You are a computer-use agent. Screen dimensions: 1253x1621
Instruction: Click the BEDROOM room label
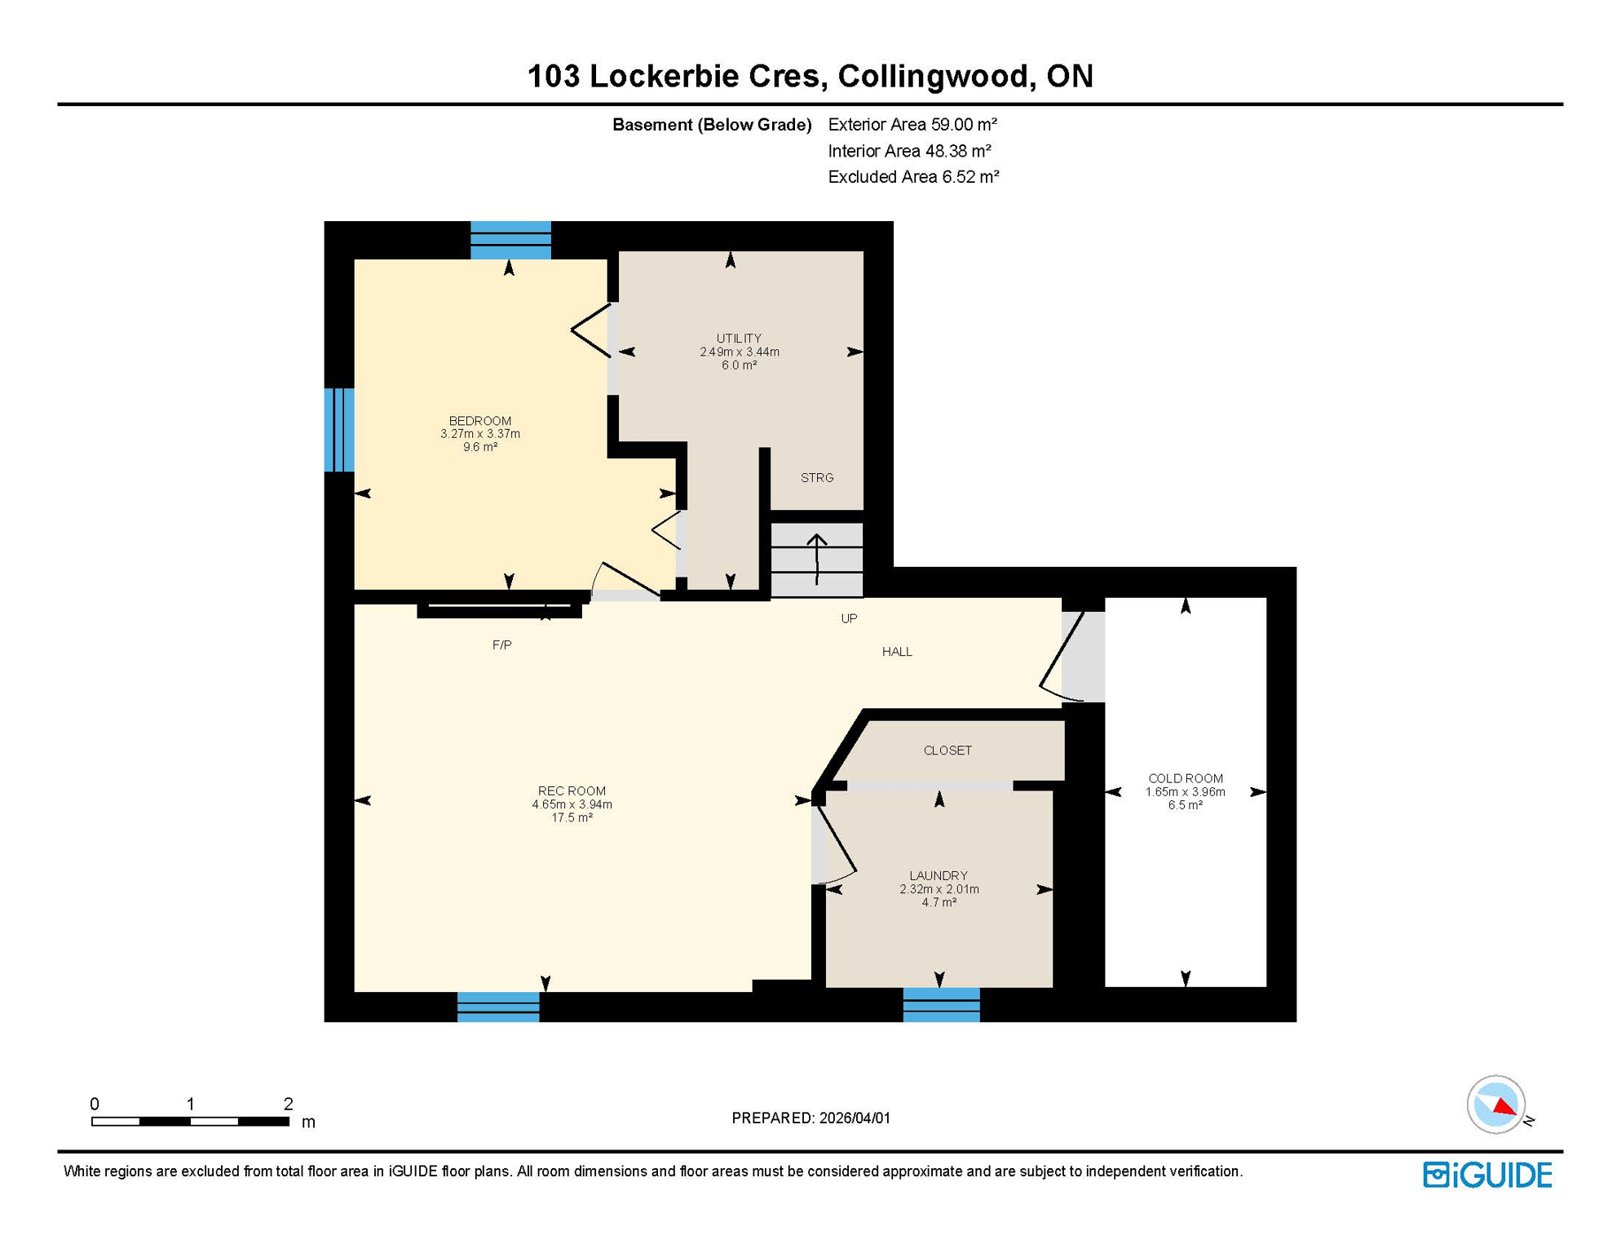479,421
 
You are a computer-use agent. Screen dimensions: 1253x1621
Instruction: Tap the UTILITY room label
739,338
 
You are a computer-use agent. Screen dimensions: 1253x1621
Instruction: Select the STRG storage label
817,478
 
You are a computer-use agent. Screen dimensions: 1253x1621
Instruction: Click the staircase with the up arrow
817,560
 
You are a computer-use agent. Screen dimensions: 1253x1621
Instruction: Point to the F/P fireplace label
501,645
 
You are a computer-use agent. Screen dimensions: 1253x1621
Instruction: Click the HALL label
897,652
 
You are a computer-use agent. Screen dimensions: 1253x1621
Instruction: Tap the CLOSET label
947,750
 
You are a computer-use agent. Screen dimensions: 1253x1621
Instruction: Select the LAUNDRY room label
939,875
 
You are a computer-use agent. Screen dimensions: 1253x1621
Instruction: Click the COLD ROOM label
1185,778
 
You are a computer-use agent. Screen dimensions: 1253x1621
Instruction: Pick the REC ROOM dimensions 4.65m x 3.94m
572,804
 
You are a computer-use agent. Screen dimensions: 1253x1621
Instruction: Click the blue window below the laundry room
941,1005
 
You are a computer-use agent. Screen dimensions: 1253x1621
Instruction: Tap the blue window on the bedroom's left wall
339,430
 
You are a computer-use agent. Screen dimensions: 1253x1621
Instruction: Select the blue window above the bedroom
510,240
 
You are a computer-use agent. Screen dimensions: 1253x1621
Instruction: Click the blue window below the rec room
498,1007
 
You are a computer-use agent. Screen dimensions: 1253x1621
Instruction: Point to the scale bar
190,1122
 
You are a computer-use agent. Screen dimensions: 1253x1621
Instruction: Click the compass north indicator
1496,1105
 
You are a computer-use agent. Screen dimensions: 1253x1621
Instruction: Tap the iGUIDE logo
1487,1175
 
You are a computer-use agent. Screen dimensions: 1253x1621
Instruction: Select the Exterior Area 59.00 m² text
912,125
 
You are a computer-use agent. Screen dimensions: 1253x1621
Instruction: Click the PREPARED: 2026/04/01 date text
810,1118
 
